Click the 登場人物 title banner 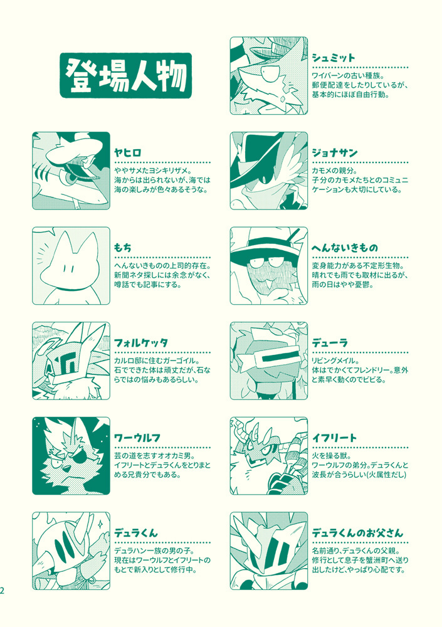(125, 76)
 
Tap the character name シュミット (334, 58)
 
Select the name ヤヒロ (128, 153)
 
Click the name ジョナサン (334, 153)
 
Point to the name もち (122, 248)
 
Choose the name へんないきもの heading (345, 248)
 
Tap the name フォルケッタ (141, 343)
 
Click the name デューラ (330, 343)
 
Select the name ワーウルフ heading (137, 438)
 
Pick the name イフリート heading (334, 438)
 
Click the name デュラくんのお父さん (357, 533)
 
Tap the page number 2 (2, 591)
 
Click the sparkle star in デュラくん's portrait (100, 524)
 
